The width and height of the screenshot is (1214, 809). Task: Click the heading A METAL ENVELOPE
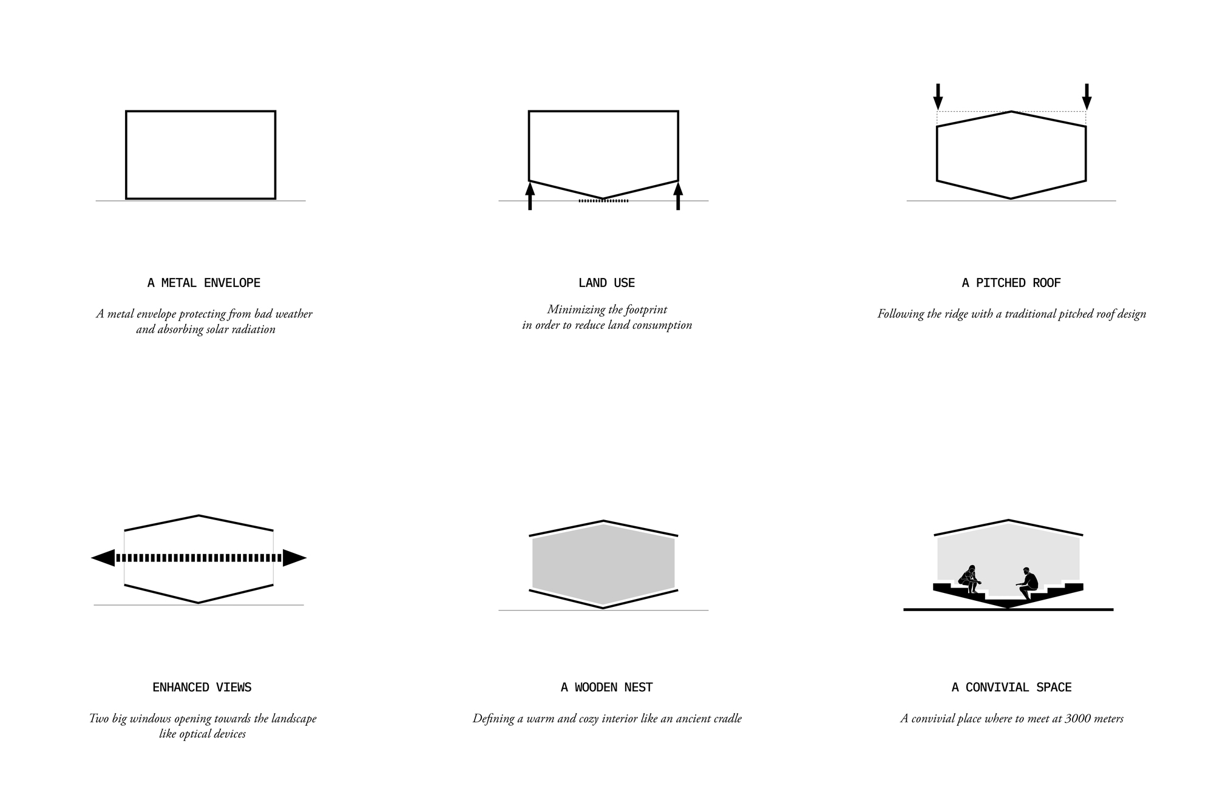pos(204,283)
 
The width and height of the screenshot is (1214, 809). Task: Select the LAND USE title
pos(606,283)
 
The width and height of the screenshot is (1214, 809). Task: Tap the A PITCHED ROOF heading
pos(1011,283)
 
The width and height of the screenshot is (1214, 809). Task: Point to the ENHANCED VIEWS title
pos(202,687)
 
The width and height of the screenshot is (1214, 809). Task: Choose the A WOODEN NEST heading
pos(606,687)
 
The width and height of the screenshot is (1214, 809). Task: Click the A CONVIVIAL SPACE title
pos(1011,687)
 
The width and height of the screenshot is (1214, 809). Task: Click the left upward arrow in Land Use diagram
pos(530,195)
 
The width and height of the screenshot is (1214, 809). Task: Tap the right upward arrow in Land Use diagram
pos(678,195)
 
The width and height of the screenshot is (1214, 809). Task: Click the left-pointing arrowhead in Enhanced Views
pos(103,558)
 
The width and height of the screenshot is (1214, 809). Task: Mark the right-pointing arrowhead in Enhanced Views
pos(294,558)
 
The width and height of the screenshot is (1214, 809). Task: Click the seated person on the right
pos(1026,583)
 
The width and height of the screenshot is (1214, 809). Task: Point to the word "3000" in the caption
pos(1079,719)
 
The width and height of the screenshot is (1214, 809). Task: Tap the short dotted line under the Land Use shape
pos(603,201)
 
